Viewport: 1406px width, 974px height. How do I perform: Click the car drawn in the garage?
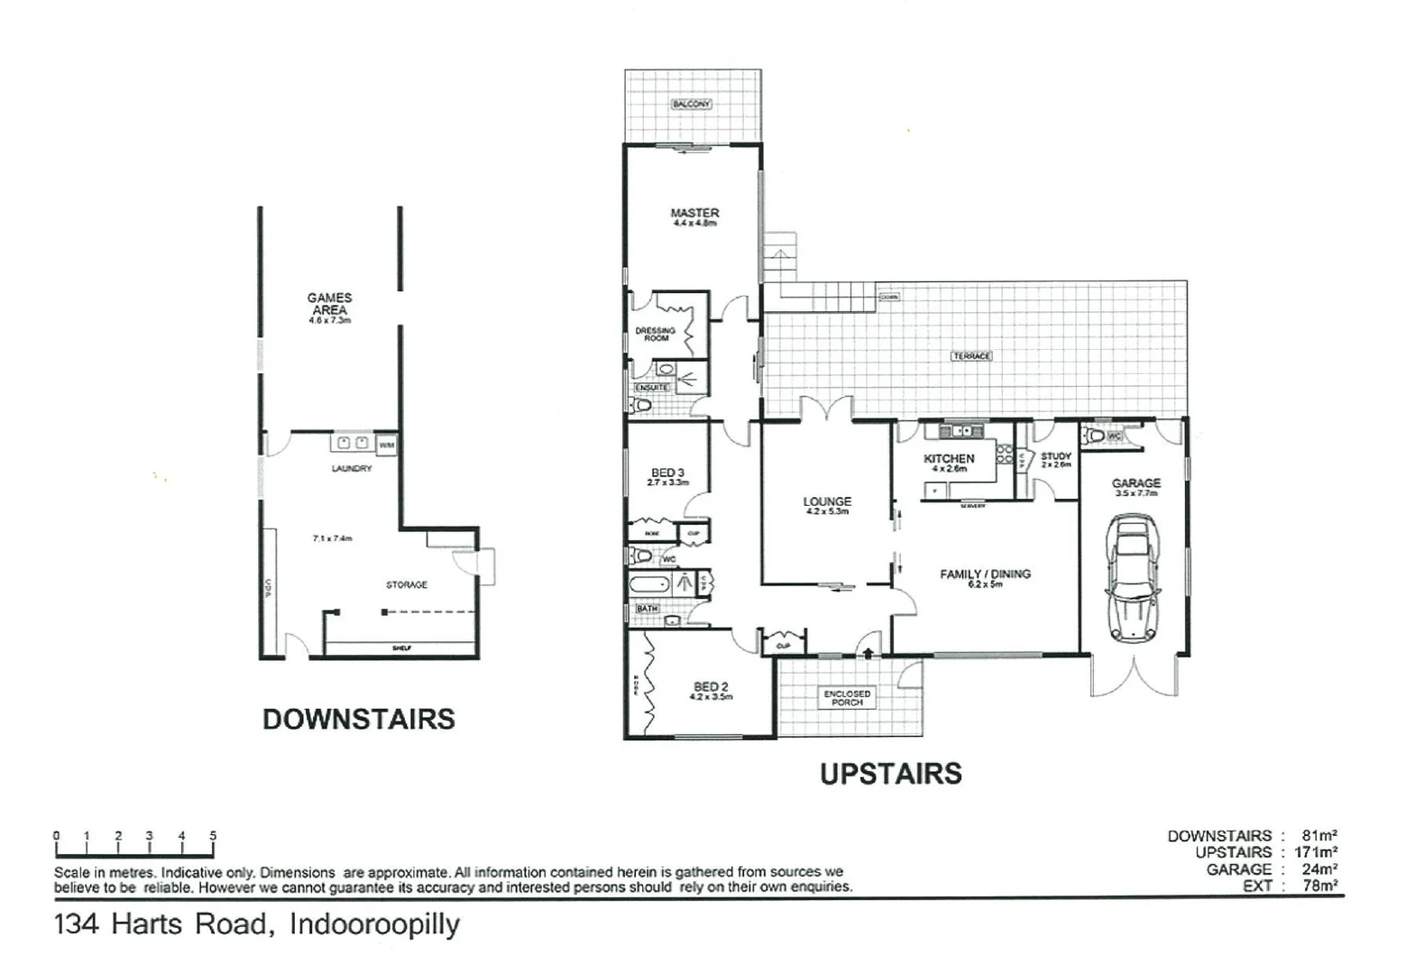(x=1134, y=578)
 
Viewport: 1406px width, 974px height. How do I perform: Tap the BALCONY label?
(x=692, y=105)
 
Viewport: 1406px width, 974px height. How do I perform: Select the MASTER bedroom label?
(x=694, y=214)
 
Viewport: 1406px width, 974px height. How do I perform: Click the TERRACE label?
(x=971, y=356)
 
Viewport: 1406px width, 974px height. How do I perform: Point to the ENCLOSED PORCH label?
(x=847, y=697)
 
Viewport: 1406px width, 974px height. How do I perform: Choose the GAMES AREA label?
(x=329, y=304)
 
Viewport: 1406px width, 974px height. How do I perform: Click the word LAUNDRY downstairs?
(x=352, y=469)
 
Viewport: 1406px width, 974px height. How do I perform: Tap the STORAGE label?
(x=407, y=585)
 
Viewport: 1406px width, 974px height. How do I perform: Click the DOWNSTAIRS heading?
(x=358, y=719)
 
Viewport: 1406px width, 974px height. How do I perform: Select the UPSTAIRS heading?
(x=890, y=774)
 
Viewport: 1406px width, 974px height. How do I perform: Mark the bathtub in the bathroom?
(x=650, y=584)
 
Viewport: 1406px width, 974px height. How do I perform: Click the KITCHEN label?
(x=949, y=459)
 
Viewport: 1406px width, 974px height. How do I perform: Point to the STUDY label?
(x=1055, y=457)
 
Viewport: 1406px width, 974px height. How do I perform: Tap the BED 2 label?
(x=711, y=687)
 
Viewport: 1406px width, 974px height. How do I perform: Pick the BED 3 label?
(x=667, y=473)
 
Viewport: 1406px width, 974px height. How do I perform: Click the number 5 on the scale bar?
(x=213, y=836)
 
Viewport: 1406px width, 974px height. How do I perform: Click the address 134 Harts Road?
(x=162, y=924)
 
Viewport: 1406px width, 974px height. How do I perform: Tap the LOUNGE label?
(x=827, y=501)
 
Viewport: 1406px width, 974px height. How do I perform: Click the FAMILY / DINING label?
(x=985, y=574)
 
